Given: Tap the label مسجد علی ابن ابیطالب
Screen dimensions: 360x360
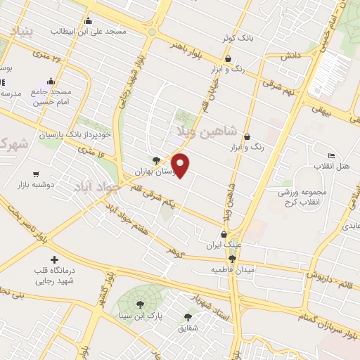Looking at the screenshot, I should [x=88, y=32].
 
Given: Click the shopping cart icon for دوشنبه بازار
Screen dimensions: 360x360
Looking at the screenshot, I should [x=35, y=173].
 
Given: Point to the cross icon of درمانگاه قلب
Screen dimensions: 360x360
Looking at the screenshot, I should [x=53, y=259].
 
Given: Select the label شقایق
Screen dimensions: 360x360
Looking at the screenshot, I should [x=188, y=328].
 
